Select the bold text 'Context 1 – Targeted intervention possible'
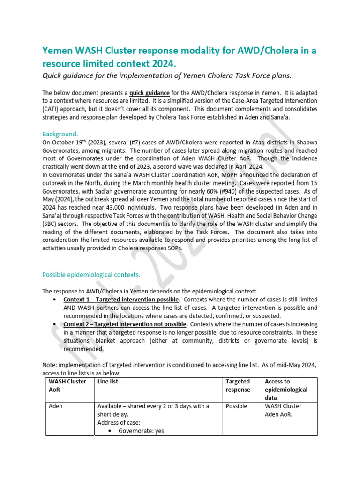(x=120, y=300)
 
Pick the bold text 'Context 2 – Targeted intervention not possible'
(x=125, y=324)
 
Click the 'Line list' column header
(x=107, y=382)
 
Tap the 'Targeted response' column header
(x=238, y=386)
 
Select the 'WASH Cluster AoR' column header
(x=67, y=386)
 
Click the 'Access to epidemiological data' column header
(x=286, y=390)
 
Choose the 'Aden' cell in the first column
(x=57, y=406)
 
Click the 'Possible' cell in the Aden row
(x=236, y=406)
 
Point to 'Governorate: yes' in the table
(x=141, y=431)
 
